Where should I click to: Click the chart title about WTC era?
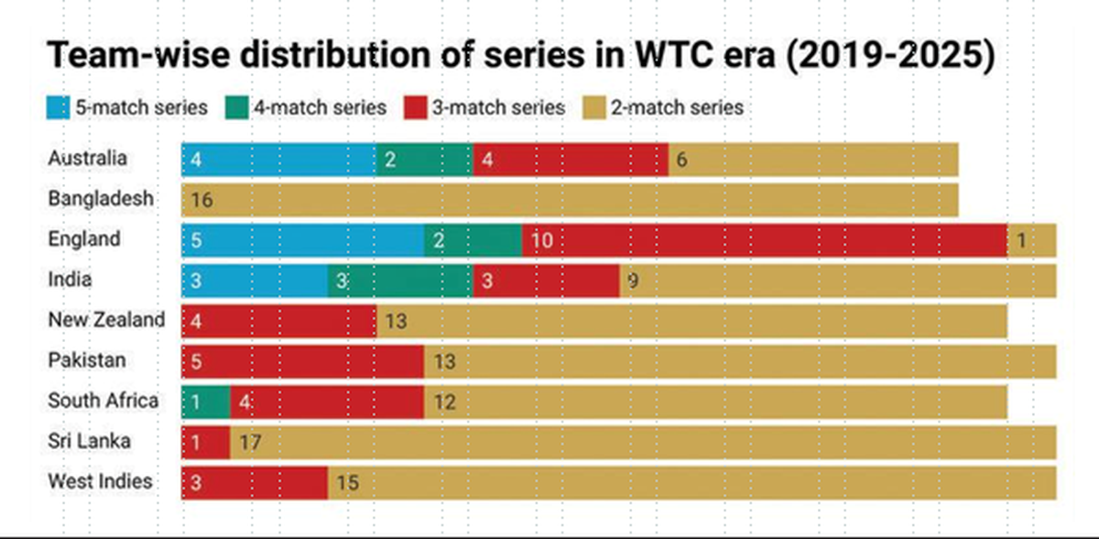(x=519, y=56)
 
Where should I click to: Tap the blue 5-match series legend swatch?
(x=58, y=107)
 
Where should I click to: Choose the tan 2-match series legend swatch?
(x=593, y=107)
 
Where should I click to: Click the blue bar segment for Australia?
(x=277, y=159)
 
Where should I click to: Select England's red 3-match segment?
(x=765, y=240)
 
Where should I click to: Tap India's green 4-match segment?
(x=400, y=280)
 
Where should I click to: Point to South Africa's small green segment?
(x=205, y=401)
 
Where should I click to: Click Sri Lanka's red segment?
(x=205, y=442)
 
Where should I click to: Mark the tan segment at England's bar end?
(x=1032, y=240)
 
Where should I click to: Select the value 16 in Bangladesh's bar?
(x=201, y=200)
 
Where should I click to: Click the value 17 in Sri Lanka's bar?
(x=250, y=442)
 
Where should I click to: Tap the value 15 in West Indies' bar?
(x=348, y=482)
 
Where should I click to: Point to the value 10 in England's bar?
(x=542, y=240)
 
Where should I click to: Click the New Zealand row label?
(x=106, y=320)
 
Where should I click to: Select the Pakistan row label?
(x=86, y=360)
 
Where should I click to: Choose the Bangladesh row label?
(x=101, y=199)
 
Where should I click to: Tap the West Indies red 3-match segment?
(x=255, y=482)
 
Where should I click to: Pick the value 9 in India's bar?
(x=632, y=280)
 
